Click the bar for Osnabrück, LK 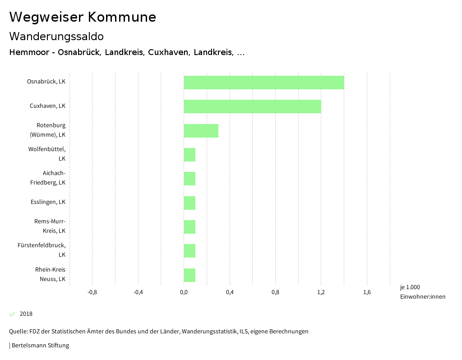264,83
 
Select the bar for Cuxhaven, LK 252,106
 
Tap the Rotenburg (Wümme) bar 201,131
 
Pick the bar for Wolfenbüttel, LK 189,155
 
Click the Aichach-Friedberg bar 189,179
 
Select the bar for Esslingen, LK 189,203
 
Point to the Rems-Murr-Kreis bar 189,227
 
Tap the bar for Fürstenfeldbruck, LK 189,251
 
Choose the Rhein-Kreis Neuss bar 189,275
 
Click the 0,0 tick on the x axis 184,292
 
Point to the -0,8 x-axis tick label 92,292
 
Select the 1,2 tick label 321,292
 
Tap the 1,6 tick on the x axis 367,292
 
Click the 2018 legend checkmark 12,314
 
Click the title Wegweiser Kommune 83,17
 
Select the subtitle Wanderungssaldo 56,36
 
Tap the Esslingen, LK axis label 48,202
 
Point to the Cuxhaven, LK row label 47,106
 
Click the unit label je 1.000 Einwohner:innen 422,292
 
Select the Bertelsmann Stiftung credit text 39,346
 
